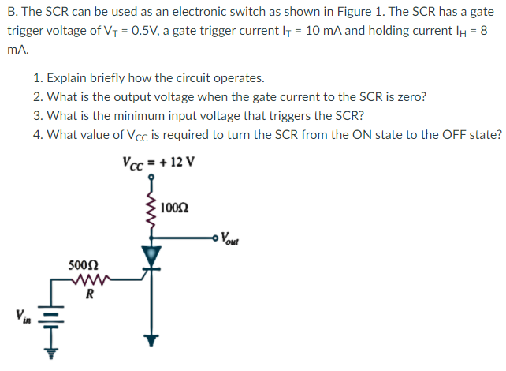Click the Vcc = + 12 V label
pos(158,163)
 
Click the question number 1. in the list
pos(39,78)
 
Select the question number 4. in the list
pos(39,134)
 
